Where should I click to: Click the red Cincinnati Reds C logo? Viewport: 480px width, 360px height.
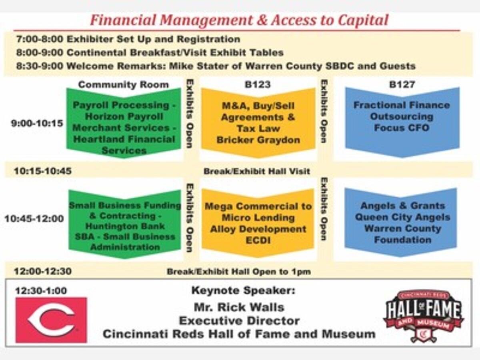point(51,320)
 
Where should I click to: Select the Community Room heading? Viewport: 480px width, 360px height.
point(124,84)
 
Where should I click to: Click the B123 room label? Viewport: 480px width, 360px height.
point(258,84)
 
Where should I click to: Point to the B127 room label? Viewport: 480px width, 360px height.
point(402,84)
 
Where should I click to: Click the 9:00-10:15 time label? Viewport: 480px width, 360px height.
point(37,123)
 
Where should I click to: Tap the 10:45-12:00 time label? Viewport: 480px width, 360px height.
point(34,218)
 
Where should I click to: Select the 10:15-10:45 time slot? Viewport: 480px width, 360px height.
point(43,171)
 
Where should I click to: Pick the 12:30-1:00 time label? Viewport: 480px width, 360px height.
point(41,291)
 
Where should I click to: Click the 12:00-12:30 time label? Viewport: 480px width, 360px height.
point(43,271)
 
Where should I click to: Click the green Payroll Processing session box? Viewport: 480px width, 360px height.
point(124,123)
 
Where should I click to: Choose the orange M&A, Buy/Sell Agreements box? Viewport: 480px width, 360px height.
point(258,123)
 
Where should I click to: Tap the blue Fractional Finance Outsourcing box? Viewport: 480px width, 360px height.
point(402,122)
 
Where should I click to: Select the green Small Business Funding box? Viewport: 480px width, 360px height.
point(125,224)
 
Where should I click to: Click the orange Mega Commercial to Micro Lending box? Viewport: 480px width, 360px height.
point(258,223)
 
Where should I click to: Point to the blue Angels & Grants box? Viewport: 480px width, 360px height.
point(401,222)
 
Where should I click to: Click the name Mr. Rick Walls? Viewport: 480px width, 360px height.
point(239,307)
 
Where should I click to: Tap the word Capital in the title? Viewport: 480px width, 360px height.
point(363,20)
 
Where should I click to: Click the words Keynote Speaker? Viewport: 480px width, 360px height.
point(243,290)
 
